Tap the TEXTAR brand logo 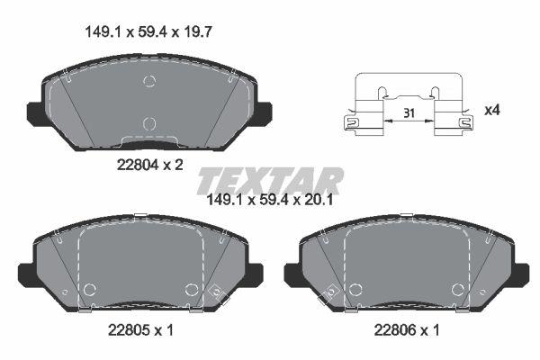(x=270, y=180)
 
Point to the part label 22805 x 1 (x=136, y=330)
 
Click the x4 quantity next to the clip (x=492, y=110)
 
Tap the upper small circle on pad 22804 (x=149, y=82)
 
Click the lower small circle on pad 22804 (x=149, y=123)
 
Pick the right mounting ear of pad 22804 (x=264, y=112)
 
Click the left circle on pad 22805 (x=89, y=289)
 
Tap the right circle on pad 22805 (x=191, y=289)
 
